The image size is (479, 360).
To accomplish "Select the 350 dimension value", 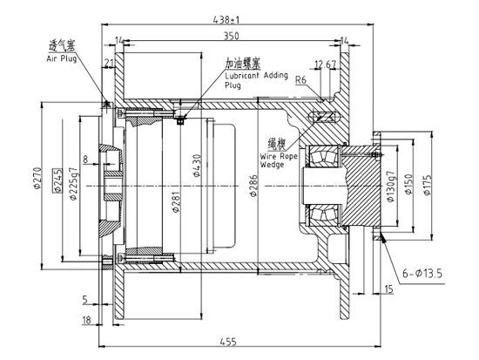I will click(x=230, y=37).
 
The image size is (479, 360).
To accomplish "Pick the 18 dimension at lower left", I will click(x=87, y=320).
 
